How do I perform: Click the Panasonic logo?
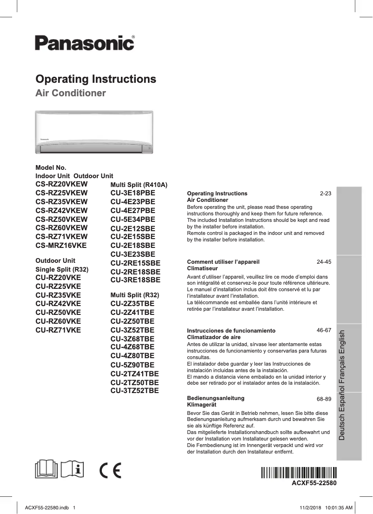tap(85, 43)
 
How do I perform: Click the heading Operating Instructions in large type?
tap(96, 79)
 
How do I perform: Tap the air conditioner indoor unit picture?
tap(94, 132)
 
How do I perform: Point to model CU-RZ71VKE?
tap(58, 330)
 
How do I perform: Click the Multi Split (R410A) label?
tap(139, 185)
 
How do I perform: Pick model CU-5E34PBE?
tap(133, 219)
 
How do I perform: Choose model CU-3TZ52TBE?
tap(134, 390)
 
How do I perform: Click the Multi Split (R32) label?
tap(134, 295)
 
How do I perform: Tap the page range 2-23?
tap(325, 193)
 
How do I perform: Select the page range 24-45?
tap(323, 262)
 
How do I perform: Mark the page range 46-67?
tap(323, 330)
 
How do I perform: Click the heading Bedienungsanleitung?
tap(215, 398)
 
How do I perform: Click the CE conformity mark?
tap(110, 471)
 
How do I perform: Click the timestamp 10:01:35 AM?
tap(337, 507)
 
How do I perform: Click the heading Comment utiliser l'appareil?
tap(223, 262)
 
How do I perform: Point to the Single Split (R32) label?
tap(62, 269)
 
